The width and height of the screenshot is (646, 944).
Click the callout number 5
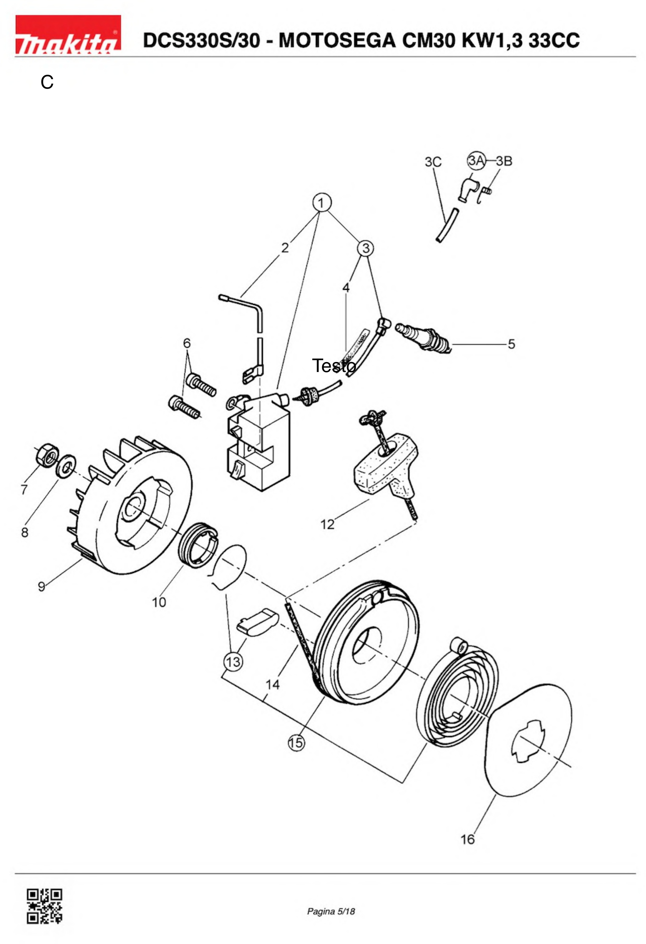tap(511, 344)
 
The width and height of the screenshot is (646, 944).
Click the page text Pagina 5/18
tap(331, 911)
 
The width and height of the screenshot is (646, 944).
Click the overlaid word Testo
tap(334, 366)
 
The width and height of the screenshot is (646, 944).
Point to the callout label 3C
tap(433, 162)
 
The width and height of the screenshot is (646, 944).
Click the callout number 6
tap(187, 343)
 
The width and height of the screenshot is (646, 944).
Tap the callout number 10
tap(159, 602)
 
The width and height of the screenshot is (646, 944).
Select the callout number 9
tap(42, 587)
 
